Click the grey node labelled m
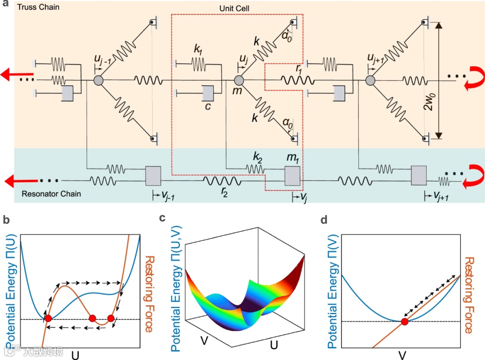[x=239, y=80]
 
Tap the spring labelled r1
[x=296, y=80]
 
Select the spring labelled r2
[x=222, y=182]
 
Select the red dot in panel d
[x=405, y=321]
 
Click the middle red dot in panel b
[x=93, y=319]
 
